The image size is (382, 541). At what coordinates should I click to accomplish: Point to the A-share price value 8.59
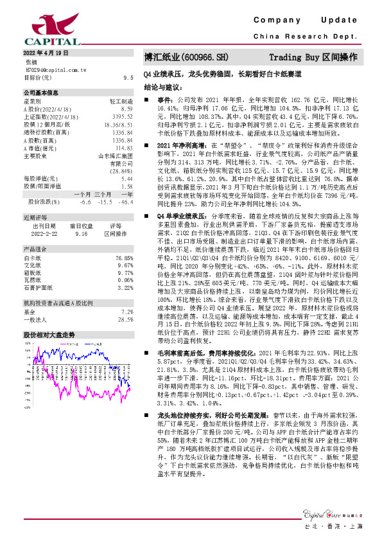[x=126, y=109]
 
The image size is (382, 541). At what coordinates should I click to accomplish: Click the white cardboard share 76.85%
[x=124, y=257]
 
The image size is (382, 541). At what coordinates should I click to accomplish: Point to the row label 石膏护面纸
[x=37, y=288]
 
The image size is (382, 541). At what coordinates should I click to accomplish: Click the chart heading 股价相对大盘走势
[x=49, y=335]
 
